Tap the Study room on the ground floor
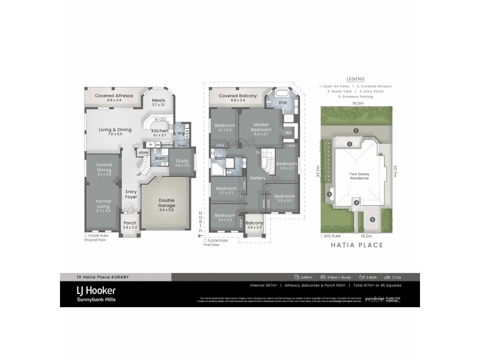(182, 162)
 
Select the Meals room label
(158, 102)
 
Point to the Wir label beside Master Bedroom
(288, 132)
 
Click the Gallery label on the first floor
(257, 178)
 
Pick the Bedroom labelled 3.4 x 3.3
(225, 217)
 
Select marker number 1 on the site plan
(355, 130)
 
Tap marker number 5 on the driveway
(372, 220)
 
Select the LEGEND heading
(356, 79)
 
